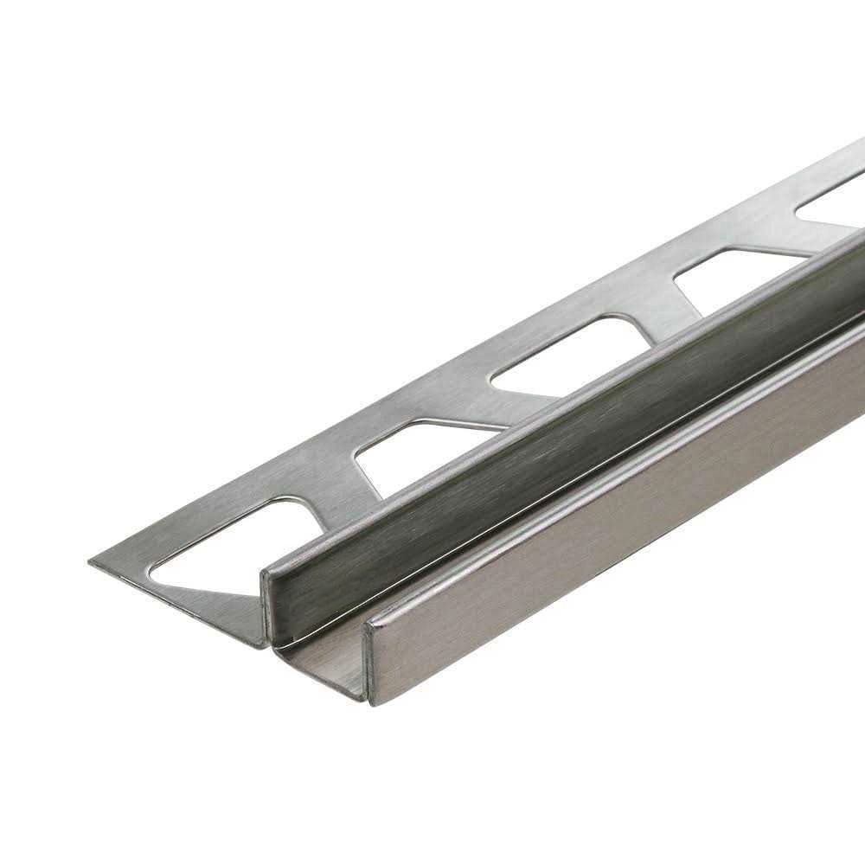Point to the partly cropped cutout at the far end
click(x=835, y=195)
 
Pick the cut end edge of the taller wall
click(x=266, y=605)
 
